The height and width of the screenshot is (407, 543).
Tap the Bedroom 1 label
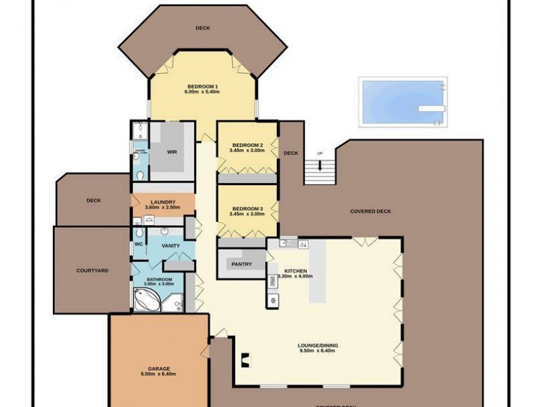[202, 87]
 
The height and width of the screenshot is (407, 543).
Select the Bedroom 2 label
[247, 145]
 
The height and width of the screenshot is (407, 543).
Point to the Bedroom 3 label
[247, 208]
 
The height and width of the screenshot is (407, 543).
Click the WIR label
[172, 152]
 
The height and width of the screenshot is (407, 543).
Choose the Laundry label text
[164, 202]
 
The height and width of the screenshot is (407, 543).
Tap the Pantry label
[242, 265]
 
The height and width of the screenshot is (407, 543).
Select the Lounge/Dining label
[318, 346]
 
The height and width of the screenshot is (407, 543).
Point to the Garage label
[157, 368]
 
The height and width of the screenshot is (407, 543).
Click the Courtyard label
[92, 271]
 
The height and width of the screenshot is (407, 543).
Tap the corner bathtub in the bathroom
[146, 299]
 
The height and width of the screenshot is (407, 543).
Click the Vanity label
[170, 246]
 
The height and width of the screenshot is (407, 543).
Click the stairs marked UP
[320, 172]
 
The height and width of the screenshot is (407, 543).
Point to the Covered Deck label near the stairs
[371, 211]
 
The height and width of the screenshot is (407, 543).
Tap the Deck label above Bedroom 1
[202, 28]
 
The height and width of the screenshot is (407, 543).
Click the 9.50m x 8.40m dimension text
[318, 351]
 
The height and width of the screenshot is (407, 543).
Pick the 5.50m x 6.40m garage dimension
[157, 374]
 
